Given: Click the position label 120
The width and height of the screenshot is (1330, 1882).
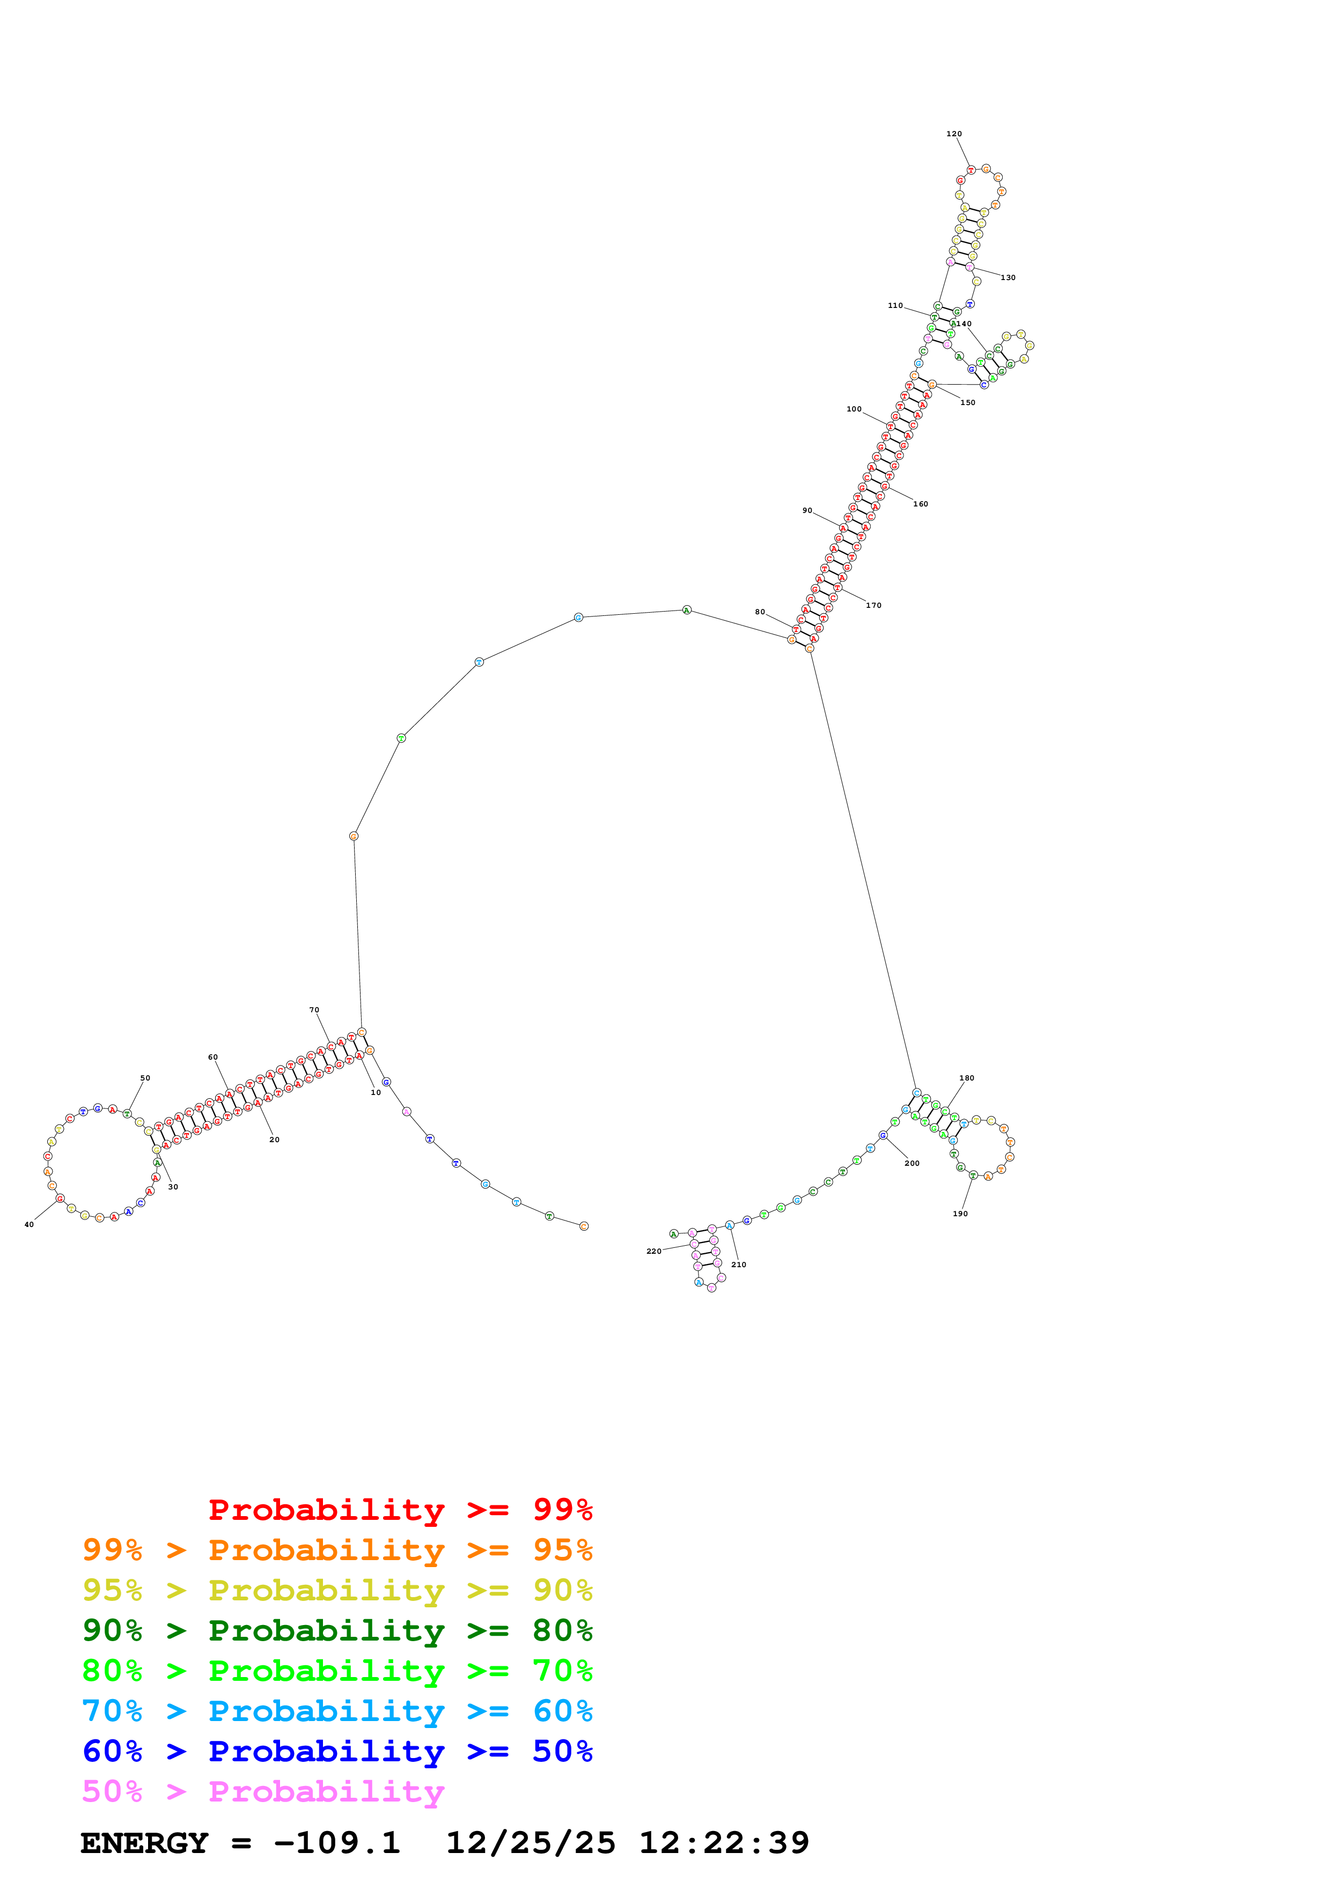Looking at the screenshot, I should (954, 134).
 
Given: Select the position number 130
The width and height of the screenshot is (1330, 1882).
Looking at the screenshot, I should (1008, 278).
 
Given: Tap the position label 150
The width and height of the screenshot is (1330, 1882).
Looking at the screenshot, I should (968, 402).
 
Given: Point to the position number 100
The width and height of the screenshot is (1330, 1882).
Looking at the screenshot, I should (854, 409).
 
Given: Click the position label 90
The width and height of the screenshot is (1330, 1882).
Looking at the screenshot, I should (807, 511).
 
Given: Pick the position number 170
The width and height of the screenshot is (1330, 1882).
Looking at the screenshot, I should (873, 606).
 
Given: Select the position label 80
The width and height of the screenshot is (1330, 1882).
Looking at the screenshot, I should (760, 612).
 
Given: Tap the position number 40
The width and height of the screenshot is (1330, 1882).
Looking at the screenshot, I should (28, 1225).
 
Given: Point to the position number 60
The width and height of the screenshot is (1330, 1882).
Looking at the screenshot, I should (213, 1057).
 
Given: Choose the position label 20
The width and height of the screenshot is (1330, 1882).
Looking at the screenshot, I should (275, 1140).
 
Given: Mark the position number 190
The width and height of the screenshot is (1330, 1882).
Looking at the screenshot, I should (960, 1214).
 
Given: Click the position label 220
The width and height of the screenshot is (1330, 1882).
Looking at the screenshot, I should (653, 1252).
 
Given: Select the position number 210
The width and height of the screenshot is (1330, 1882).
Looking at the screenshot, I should (738, 1265).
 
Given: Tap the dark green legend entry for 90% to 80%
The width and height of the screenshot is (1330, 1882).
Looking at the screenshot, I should (337, 1630).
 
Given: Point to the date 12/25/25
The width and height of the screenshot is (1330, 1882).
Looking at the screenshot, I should (530, 1843).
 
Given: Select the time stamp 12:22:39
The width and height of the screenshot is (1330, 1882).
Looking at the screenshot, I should (724, 1843).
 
